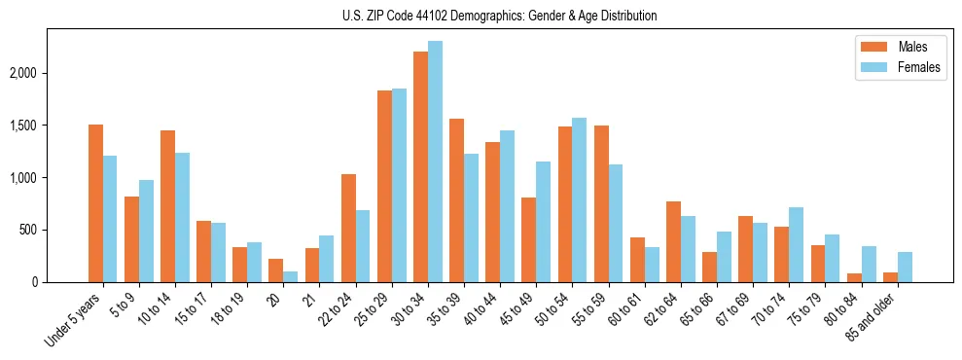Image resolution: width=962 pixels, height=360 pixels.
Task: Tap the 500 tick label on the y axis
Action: (x=55, y=230)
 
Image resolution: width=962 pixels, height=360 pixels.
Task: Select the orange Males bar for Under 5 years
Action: (x=95, y=203)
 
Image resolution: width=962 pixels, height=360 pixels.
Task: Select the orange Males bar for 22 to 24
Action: (x=348, y=228)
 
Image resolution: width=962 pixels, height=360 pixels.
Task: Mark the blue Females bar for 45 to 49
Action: (x=543, y=222)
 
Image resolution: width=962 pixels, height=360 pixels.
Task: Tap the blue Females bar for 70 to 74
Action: (x=796, y=244)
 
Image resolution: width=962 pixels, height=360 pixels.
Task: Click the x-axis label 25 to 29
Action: (x=373, y=309)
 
